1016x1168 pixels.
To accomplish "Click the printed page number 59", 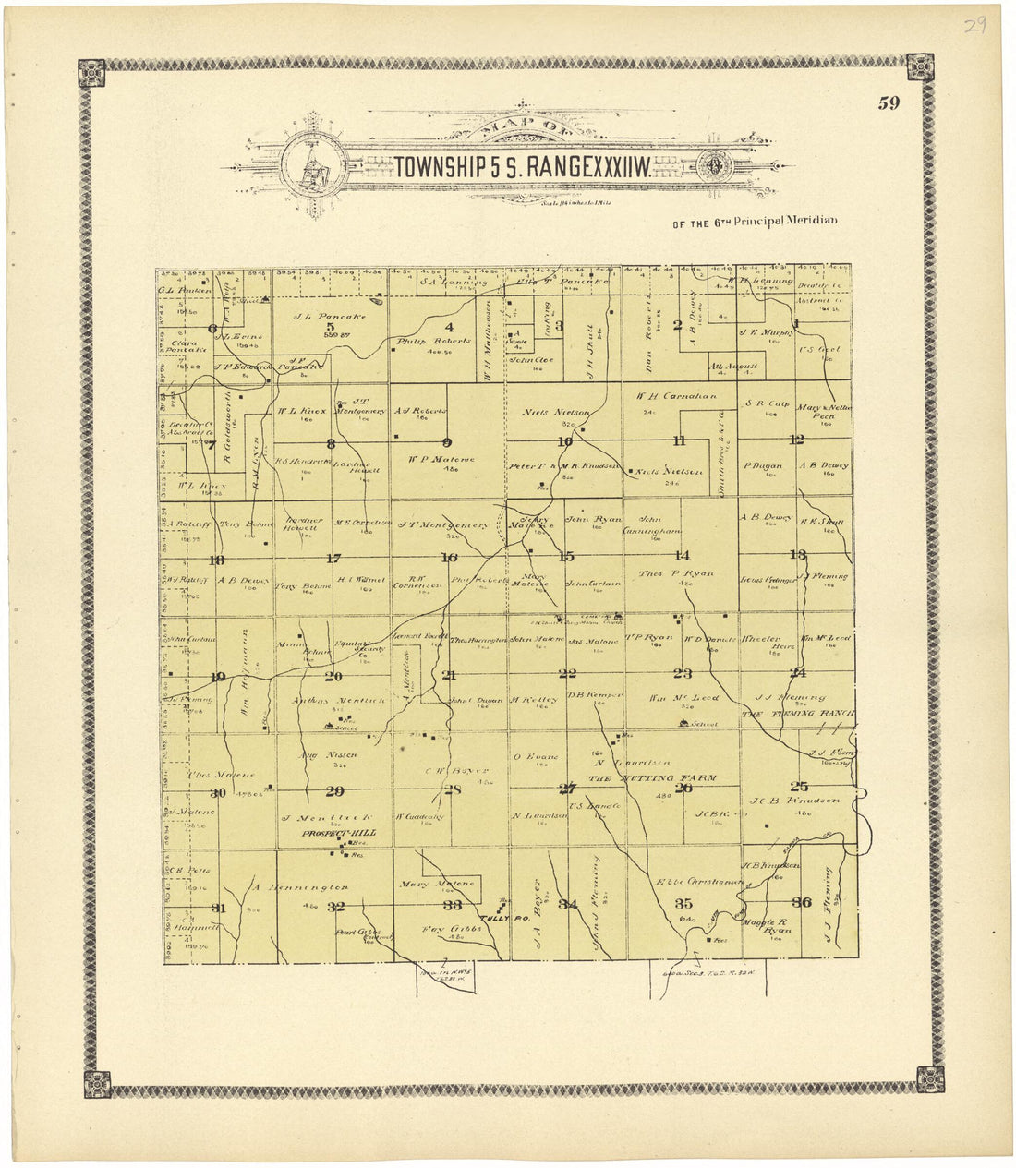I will pyautogui.click(x=889, y=103).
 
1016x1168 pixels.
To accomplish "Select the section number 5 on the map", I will pyautogui.click(x=328, y=326).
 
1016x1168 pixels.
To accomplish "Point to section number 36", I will pyautogui.click(x=801, y=903).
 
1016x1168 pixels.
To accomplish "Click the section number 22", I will pyautogui.click(x=567, y=674).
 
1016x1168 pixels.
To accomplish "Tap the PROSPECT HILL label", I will pyautogui.click(x=331, y=833).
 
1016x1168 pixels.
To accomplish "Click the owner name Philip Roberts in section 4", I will pyautogui.click(x=422, y=341).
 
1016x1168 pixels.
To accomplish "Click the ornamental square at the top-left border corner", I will pyautogui.click(x=91, y=72).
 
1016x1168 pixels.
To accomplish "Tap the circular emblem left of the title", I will pyautogui.click(x=315, y=167).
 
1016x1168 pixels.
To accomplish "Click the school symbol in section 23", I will pyautogui.click(x=709, y=724).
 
